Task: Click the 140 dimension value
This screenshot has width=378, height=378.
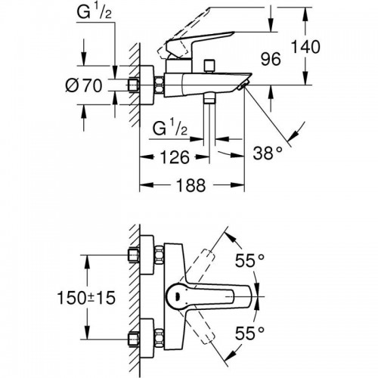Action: (x=305, y=47)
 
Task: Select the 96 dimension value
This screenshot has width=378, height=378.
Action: (x=271, y=60)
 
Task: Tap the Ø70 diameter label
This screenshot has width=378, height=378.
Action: (x=84, y=85)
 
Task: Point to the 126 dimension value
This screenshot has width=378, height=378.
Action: (x=175, y=157)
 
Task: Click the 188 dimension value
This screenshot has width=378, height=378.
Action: (x=191, y=185)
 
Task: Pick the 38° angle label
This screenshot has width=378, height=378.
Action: (x=268, y=153)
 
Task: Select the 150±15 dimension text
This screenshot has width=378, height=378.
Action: (x=86, y=298)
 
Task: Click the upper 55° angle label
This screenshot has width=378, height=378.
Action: (x=249, y=260)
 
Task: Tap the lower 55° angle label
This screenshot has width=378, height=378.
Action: (x=249, y=333)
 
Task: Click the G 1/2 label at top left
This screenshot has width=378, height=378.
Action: (x=94, y=12)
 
